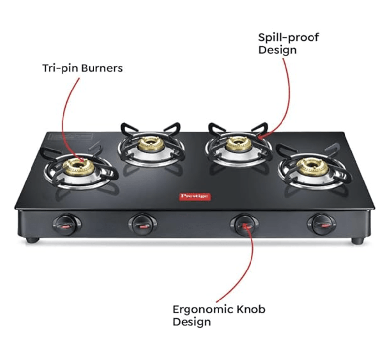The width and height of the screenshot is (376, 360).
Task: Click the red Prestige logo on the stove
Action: (194, 196)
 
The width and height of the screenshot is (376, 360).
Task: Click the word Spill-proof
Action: (288, 38)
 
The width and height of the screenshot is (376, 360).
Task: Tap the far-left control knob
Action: (64, 224)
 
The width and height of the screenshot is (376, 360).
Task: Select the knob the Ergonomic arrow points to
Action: (242, 224)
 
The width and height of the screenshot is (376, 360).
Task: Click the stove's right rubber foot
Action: (357, 241)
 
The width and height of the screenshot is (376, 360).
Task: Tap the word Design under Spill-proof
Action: (278, 50)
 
